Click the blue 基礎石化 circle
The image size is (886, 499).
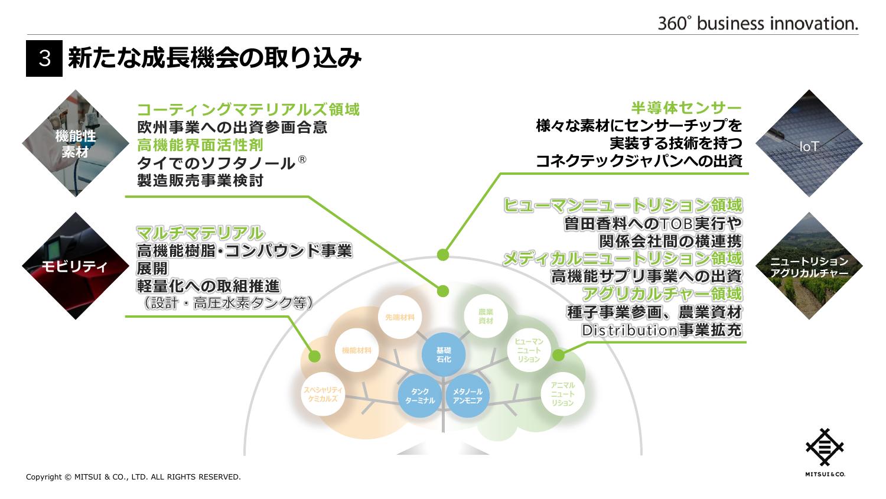click(x=443, y=354)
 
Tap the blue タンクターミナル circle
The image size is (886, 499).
click(x=420, y=396)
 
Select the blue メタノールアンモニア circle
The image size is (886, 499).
click(x=467, y=396)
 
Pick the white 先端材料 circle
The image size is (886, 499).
click(x=399, y=317)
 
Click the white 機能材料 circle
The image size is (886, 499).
click(x=357, y=350)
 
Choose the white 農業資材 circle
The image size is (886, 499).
click(x=486, y=316)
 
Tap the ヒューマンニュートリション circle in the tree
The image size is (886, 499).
click(x=529, y=350)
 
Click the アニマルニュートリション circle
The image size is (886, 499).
click(x=562, y=394)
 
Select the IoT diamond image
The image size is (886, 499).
click(x=809, y=143)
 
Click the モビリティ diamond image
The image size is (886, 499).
click(x=75, y=266)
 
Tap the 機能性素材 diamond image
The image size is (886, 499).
click(x=75, y=143)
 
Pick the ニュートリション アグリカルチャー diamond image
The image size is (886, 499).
click(x=809, y=266)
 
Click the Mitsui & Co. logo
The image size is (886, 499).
click(x=825, y=452)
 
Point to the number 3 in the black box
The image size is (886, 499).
click(x=44, y=59)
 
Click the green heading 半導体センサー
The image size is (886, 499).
click(x=686, y=108)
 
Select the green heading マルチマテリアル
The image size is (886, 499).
click(x=200, y=233)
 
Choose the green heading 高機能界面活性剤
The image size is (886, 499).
click(x=200, y=145)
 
